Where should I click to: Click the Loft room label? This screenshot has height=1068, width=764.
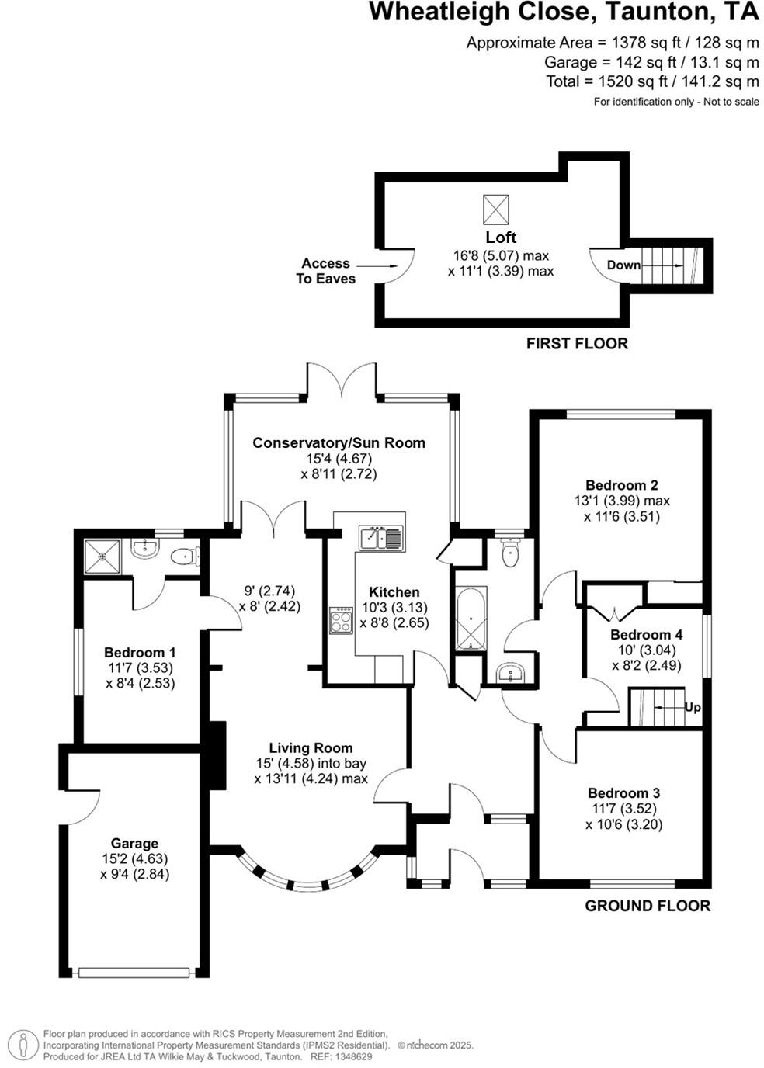[x=501, y=238]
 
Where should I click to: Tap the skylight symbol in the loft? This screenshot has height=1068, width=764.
[x=497, y=209]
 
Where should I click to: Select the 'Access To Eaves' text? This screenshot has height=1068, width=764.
[x=325, y=271]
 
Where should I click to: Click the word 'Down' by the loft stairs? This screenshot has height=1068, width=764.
[x=623, y=265]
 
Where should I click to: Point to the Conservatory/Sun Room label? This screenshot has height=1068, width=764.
[x=339, y=442]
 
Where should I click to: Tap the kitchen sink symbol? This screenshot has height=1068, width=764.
[x=380, y=537]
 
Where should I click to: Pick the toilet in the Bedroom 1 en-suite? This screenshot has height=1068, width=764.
[x=183, y=556]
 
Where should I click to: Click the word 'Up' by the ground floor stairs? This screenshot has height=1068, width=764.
[x=693, y=707]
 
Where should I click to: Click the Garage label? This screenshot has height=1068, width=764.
[x=134, y=843]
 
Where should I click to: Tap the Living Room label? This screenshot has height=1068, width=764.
[x=311, y=748]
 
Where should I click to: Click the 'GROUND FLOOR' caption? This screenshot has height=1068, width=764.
[x=647, y=905]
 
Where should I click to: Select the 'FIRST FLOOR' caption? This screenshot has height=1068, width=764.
[x=577, y=343]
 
